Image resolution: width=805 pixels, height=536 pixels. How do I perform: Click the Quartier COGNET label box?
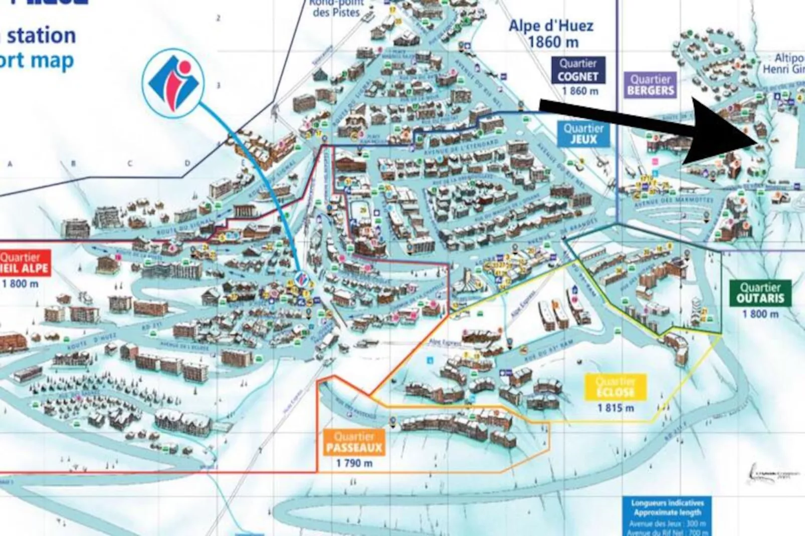(x=578, y=70)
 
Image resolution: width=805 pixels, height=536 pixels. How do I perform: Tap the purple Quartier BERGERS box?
(x=651, y=85)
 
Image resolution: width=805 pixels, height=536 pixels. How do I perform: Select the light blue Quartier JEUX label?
(x=583, y=134)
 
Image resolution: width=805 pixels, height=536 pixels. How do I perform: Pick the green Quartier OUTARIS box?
(x=760, y=294)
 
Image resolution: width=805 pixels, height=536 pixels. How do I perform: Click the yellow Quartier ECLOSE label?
(x=616, y=387)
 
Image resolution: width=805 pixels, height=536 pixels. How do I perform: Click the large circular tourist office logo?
(x=173, y=83)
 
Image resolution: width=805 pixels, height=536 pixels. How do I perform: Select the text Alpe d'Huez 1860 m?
(x=551, y=34)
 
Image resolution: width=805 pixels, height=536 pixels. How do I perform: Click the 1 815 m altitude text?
(x=616, y=408)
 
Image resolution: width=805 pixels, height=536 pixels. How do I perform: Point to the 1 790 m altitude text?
(x=354, y=463)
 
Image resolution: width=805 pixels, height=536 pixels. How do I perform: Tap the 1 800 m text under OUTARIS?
(x=760, y=314)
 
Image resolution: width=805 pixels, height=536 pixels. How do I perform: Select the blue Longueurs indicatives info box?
(x=667, y=516)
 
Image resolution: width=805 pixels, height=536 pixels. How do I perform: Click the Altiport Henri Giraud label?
(x=784, y=64)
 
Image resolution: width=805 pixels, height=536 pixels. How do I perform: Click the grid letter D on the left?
(x=188, y=163)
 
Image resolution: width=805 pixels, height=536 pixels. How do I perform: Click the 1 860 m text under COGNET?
(x=580, y=91)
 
